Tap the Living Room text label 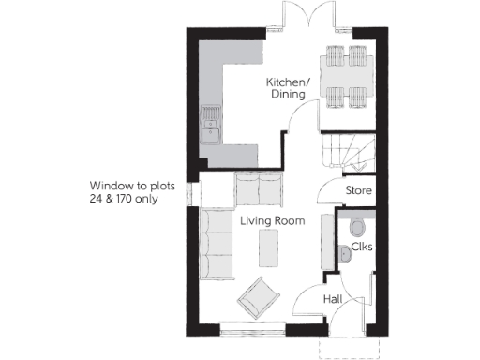pos(273,220)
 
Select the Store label pos(359,190)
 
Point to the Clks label pos(361,248)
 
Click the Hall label pos(332,299)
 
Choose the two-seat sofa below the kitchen pos(258,191)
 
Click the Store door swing pos(328,192)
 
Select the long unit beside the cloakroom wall pos(327,241)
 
